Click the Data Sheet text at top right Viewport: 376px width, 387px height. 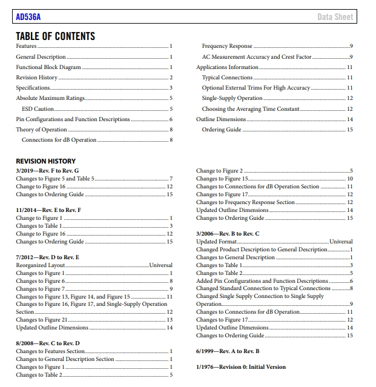coord(335,17)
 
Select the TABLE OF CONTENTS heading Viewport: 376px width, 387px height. coord(55,36)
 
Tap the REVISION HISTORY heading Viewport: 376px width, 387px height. coord(46,161)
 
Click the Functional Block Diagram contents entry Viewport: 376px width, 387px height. coord(48,67)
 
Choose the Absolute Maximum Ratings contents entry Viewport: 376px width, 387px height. coord(50,98)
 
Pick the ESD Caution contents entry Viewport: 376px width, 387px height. coord(38,109)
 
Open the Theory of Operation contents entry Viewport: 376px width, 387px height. coord(41,130)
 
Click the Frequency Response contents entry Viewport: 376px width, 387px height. coord(227,47)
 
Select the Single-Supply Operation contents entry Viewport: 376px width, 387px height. coord(232,98)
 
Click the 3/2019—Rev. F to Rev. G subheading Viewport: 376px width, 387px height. coord(47,171)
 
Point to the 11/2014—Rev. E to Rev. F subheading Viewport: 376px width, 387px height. coord(48,210)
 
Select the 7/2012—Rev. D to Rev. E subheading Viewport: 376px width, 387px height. coord(47,257)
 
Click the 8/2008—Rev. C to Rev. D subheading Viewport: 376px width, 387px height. coord(48,343)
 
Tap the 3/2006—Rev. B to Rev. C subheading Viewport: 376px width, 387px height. coord(228,234)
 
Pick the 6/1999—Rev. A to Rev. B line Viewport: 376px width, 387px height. coord(228,351)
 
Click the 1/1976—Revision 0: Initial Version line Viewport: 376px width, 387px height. coord(241,367)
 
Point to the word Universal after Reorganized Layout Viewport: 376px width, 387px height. coord(160,265)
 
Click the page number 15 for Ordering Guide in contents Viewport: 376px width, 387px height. coord(349,130)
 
